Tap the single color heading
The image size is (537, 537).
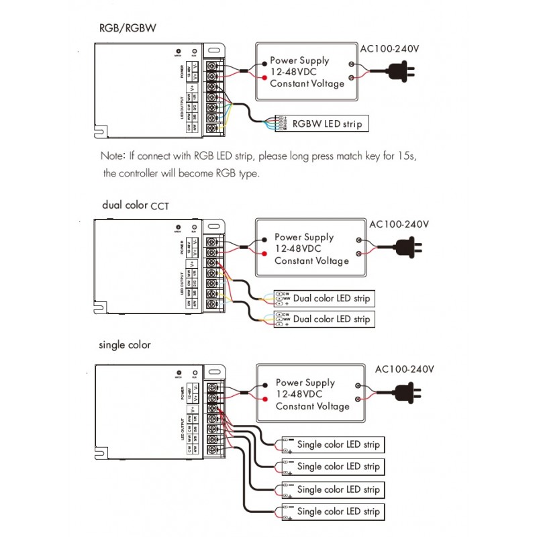coord(125,345)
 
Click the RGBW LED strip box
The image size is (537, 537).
coord(322,123)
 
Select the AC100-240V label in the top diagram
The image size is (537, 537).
coord(390,49)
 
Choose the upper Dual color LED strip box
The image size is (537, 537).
coord(324,298)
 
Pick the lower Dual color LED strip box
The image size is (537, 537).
coord(324,319)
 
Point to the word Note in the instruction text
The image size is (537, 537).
coord(112,156)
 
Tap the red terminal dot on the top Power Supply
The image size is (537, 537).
coord(257,79)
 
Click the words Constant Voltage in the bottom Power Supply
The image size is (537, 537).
coord(312,406)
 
